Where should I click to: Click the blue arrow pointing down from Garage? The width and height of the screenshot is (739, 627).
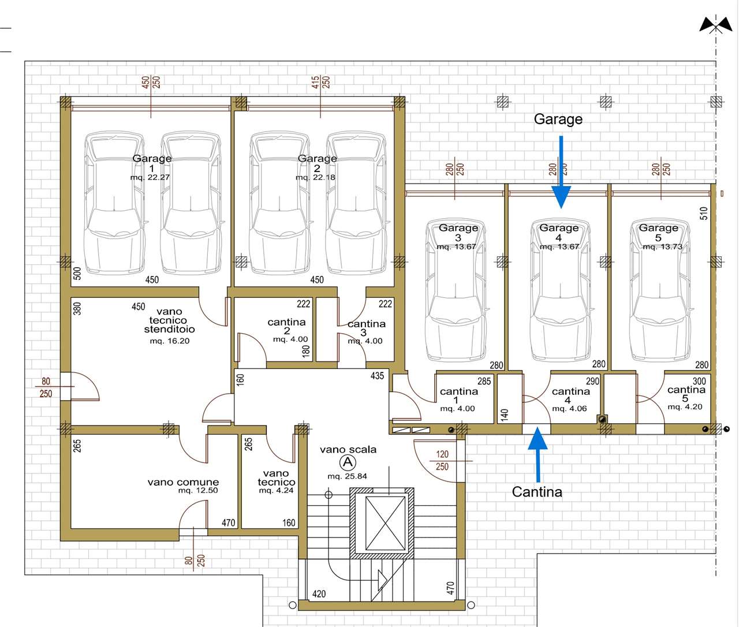click(561, 171)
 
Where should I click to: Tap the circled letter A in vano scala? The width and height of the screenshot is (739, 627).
click(348, 462)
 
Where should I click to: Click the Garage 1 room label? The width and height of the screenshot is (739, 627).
click(152, 163)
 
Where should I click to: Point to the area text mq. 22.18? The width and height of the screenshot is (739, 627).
click(315, 177)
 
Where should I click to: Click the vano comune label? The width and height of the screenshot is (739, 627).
click(183, 482)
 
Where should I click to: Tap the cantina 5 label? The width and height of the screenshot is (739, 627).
click(686, 394)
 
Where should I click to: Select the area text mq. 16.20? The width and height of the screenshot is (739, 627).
click(170, 341)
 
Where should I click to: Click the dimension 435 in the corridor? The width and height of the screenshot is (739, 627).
click(377, 376)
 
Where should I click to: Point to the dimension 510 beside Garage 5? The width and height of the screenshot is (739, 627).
click(704, 214)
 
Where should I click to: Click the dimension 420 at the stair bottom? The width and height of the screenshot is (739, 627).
click(319, 594)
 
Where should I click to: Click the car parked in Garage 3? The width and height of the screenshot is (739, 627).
click(456, 290)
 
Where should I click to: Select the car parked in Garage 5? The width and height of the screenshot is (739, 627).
click(660, 290)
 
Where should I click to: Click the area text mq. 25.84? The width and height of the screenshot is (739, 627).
click(347, 476)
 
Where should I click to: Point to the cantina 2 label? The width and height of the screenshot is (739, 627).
click(286, 326)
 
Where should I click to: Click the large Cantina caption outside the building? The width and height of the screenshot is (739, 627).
click(537, 492)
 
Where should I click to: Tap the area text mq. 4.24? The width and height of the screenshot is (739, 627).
click(276, 490)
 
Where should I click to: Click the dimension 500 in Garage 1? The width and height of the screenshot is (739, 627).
click(77, 274)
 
